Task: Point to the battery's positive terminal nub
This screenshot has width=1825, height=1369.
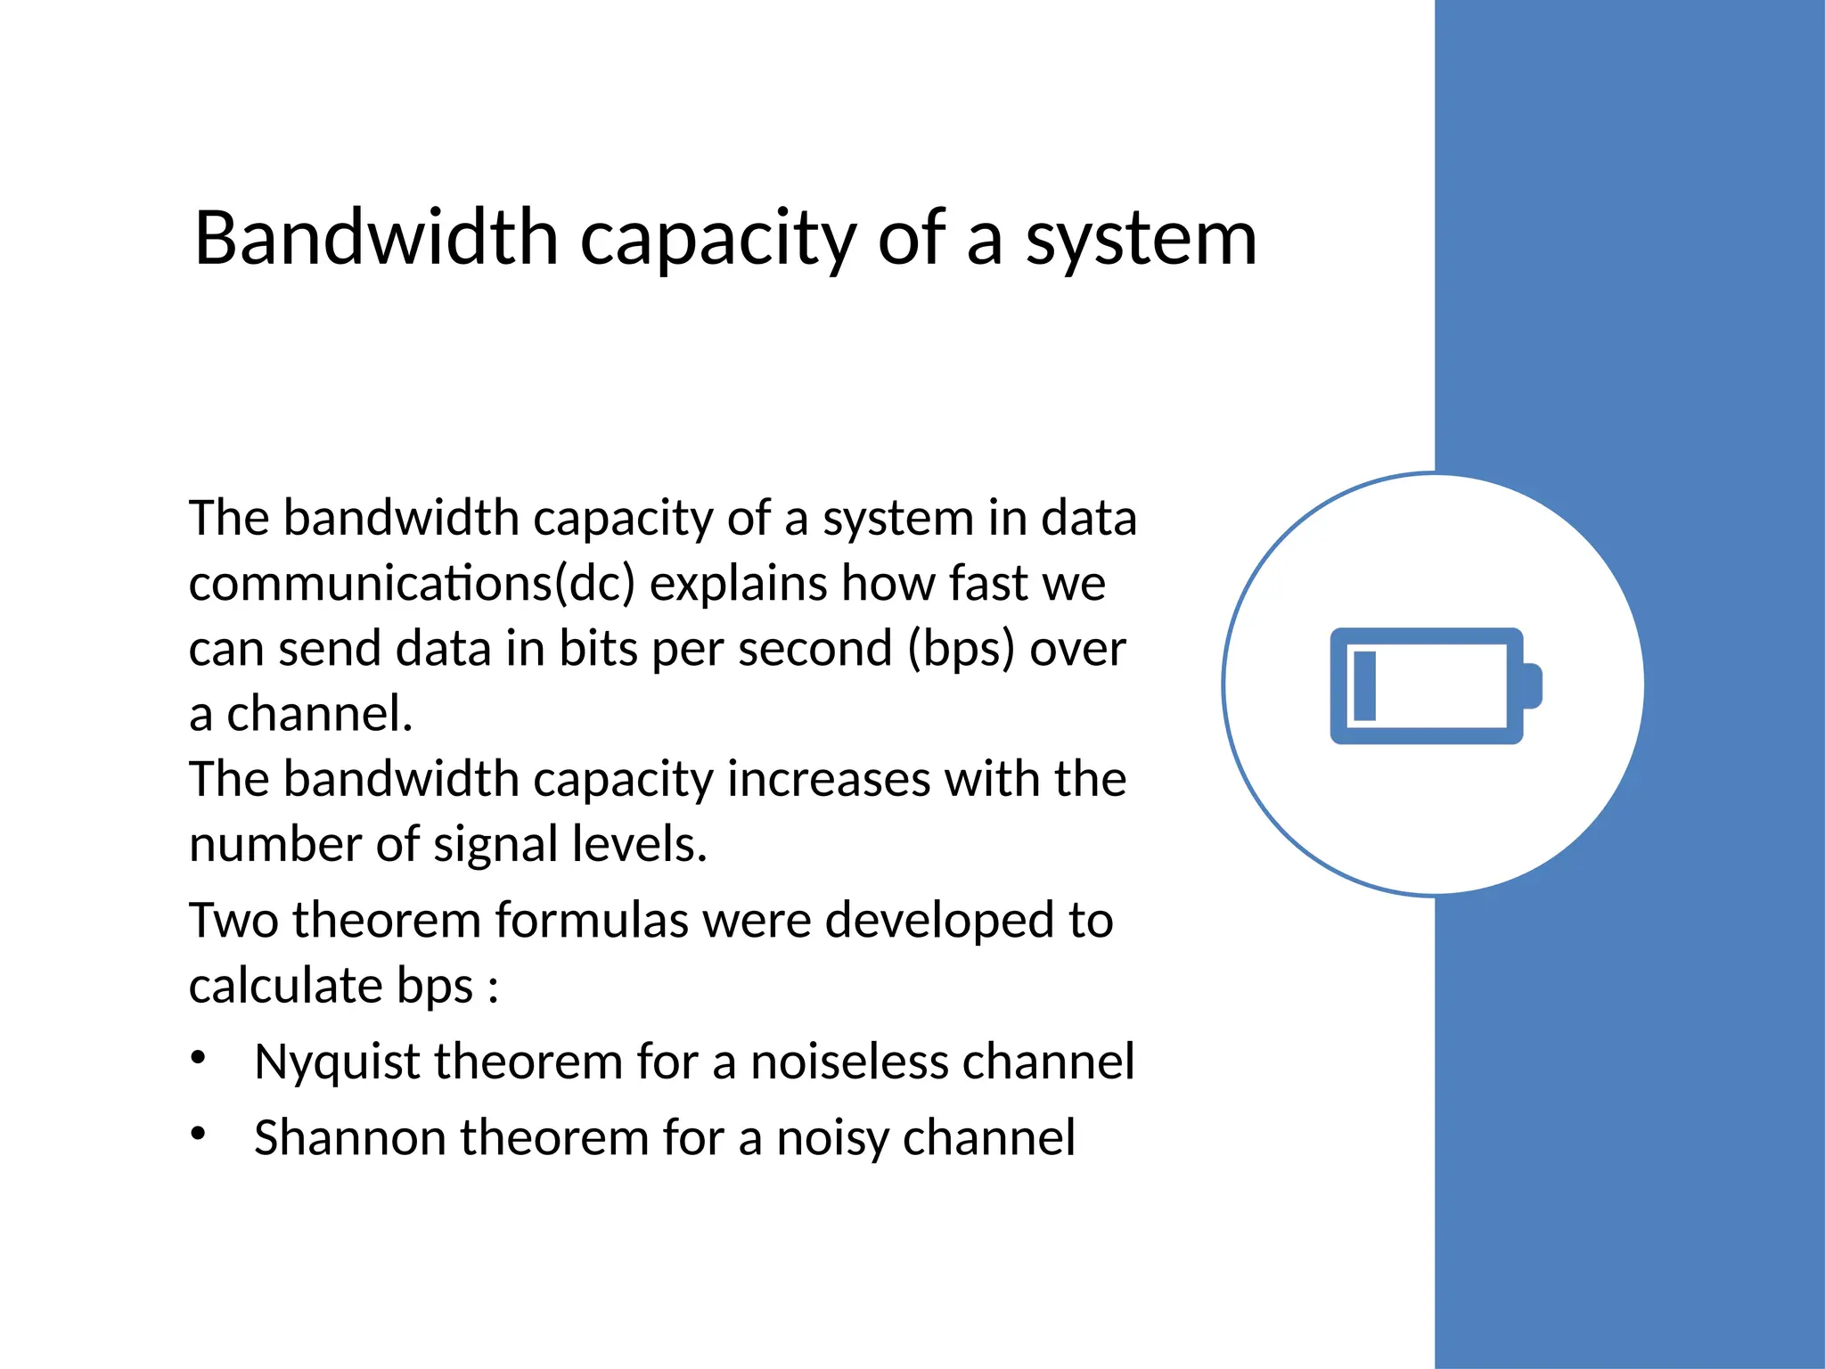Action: click(1533, 685)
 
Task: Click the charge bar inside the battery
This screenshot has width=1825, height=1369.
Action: click(1364, 685)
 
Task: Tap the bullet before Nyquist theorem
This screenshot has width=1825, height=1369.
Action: click(198, 1058)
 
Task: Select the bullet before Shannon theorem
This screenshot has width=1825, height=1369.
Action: click(198, 1134)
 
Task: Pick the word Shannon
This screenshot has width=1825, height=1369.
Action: click(348, 1138)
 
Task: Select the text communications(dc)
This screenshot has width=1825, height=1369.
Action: click(412, 585)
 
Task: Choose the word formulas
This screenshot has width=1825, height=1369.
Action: click(592, 920)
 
